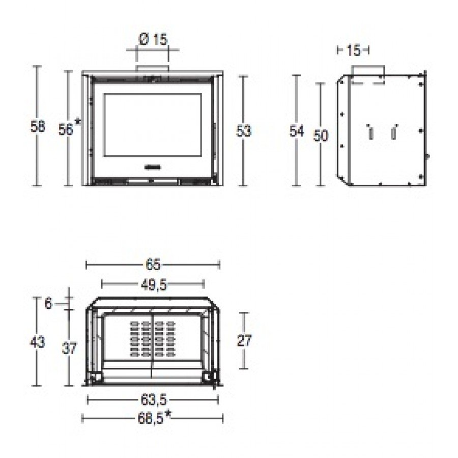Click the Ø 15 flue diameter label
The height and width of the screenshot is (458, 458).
pos(153,39)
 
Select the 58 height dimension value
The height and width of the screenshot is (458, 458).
pos(38,127)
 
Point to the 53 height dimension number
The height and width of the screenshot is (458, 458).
pos(244,131)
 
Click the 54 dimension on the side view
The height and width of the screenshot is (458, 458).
pos(297,131)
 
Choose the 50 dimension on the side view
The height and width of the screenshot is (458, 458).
pos(321,135)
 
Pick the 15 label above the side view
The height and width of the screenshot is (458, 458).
pos(354,50)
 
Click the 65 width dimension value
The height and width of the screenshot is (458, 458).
pos(153,265)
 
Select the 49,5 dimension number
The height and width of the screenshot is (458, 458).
pos(154,285)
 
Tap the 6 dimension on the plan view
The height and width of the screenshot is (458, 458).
pos(48,304)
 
